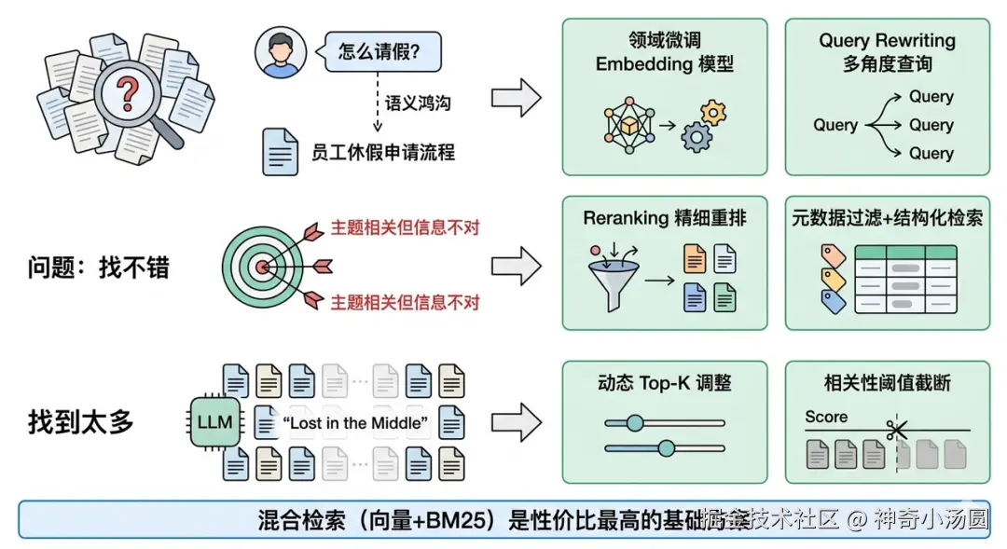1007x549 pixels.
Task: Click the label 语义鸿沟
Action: point(418,103)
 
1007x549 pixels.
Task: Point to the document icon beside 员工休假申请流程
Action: point(281,152)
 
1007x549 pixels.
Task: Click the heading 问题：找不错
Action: point(99,268)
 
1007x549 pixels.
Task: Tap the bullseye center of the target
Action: point(263,268)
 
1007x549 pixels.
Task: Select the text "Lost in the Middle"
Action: point(355,423)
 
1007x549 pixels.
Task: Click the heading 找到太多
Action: point(81,422)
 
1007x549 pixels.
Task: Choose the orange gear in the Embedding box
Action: point(713,113)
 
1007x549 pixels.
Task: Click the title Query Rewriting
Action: point(887,41)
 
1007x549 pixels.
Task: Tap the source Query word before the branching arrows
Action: point(835,125)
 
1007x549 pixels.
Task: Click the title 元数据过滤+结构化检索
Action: point(887,218)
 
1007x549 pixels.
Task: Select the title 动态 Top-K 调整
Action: point(664,383)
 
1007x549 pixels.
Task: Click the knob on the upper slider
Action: point(635,422)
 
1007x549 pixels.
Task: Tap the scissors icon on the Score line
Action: point(896,430)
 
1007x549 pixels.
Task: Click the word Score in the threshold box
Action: point(826,417)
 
